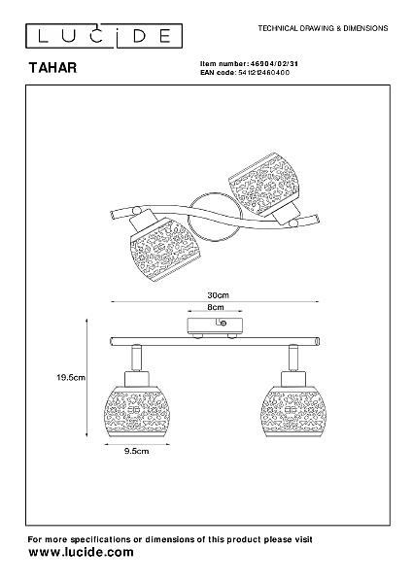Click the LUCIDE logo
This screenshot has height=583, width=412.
coord(104,36)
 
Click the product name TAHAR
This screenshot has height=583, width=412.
coord(52,68)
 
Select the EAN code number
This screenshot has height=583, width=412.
coord(263,73)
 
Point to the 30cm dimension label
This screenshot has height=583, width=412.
coord(218,295)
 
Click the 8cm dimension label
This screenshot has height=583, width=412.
coord(216,307)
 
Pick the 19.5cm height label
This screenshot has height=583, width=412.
coord(71,377)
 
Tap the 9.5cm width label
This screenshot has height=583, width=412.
coord(136,451)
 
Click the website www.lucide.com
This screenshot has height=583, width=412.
coord(81,552)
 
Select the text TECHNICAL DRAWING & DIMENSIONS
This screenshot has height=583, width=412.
coord(323,28)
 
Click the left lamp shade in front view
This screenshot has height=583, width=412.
coord(137,411)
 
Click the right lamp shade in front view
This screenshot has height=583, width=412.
coord(293,411)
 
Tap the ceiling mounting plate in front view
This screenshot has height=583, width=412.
coord(215,326)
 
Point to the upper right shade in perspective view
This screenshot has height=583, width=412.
coord(264,184)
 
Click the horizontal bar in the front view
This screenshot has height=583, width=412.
coord(215,341)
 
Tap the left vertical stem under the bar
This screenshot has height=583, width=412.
coord(136,358)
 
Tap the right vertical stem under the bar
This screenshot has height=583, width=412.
coord(293,358)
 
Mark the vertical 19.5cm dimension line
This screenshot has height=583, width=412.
coord(87,377)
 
